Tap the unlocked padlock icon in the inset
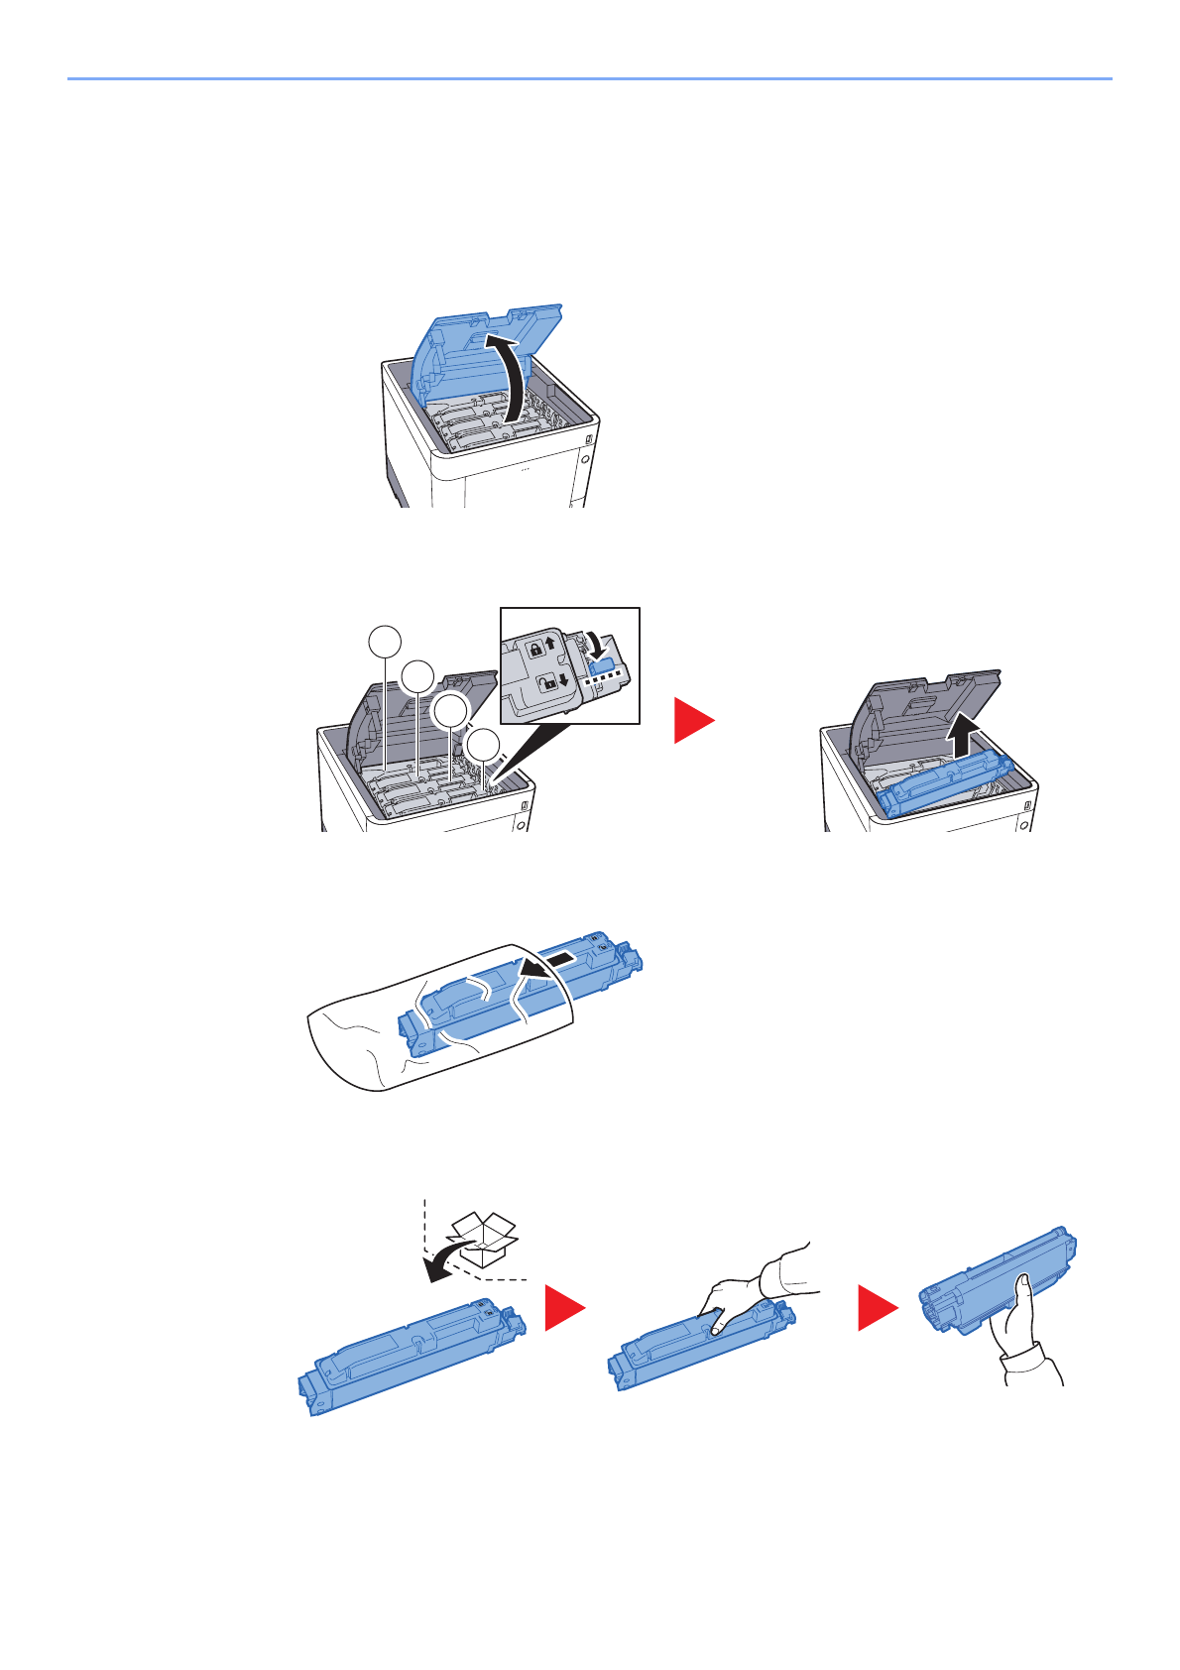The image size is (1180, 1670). (x=546, y=683)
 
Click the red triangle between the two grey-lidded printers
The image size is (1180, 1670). (x=692, y=720)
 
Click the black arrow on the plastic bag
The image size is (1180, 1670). (x=545, y=963)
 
